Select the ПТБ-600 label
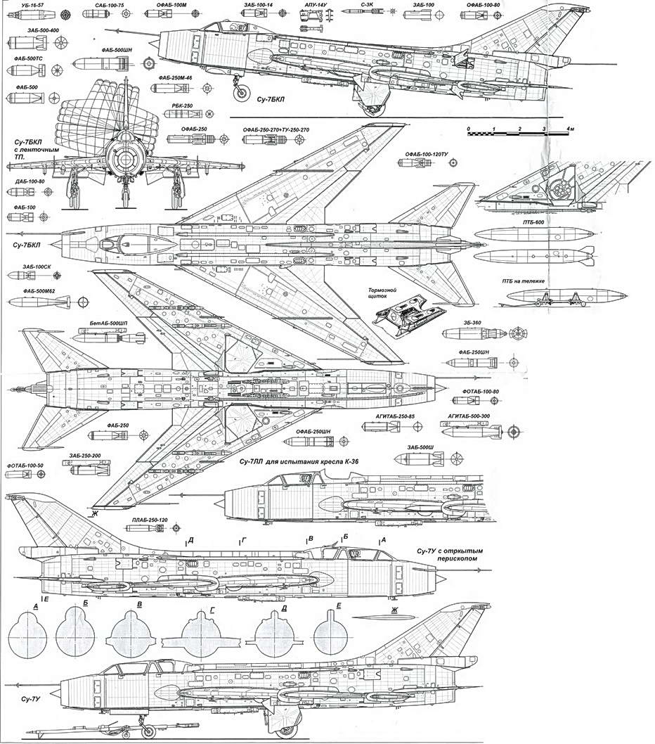tap(533, 222)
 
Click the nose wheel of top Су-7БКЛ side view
tap(241, 92)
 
